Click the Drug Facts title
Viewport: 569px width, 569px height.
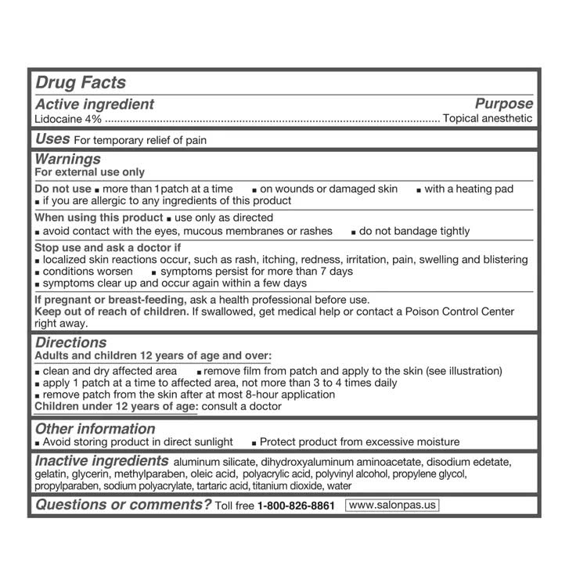(81, 83)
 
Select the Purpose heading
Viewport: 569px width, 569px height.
(503, 104)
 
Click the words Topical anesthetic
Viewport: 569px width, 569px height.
(487, 119)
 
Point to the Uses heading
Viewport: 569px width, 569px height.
(52, 139)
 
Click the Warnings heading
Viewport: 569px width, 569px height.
(68, 159)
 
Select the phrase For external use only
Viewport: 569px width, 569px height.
(90, 172)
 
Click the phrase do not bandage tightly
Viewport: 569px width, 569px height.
(414, 231)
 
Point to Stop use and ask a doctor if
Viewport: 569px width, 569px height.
(106, 248)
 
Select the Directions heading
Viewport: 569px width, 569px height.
(70, 343)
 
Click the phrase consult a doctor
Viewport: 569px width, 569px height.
(242, 406)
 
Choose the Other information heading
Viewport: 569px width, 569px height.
(95, 429)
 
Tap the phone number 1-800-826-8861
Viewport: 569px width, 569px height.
(296, 506)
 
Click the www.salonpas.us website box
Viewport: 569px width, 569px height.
(391, 506)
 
